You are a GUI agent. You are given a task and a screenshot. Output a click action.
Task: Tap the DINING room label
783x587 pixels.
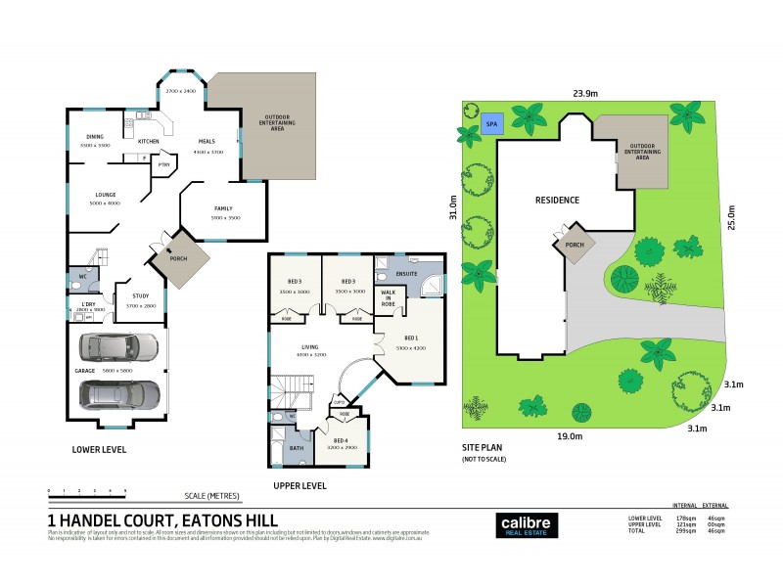[94, 138]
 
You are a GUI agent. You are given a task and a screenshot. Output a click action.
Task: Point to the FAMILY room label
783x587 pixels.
[223, 209]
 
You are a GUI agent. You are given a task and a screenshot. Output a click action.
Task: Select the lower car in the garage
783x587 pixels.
[119, 393]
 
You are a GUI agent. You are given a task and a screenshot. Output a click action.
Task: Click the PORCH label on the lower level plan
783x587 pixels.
[177, 259]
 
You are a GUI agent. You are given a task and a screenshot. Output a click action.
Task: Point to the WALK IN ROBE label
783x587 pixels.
[388, 298]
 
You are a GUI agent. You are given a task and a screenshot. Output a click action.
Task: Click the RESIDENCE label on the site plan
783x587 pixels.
[557, 200]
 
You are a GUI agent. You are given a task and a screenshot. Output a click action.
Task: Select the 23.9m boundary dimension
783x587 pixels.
[586, 95]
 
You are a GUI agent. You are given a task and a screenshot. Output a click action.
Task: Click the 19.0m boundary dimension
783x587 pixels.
[570, 435]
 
